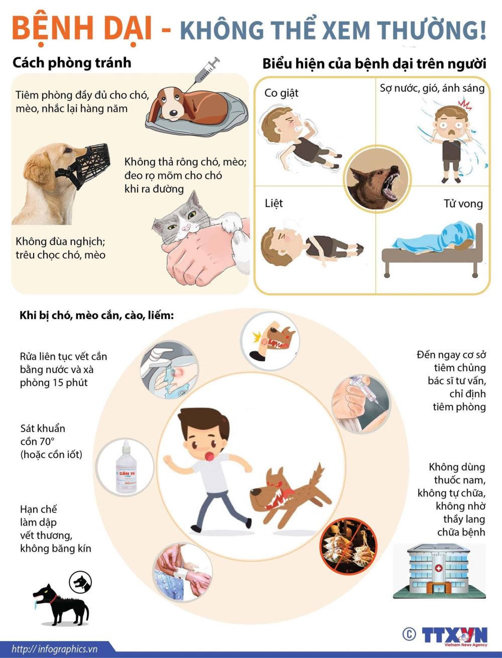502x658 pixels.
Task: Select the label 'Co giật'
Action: click(x=281, y=93)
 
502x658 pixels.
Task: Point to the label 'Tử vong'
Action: click(x=463, y=204)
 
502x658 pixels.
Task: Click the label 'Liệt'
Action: click(x=274, y=203)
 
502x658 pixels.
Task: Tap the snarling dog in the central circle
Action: click(x=377, y=179)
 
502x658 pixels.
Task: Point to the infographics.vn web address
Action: click(x=55, y=649)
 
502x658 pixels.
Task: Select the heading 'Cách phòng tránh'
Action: click(x=72, y=63)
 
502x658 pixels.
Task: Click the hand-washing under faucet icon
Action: click(x=170, y=370)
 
